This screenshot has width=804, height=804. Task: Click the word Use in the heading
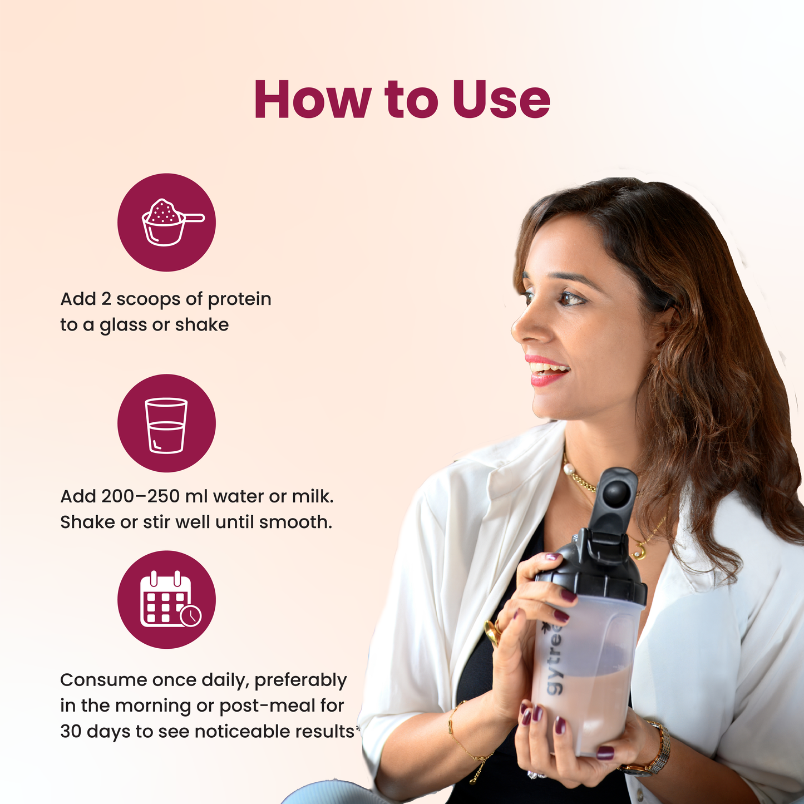tap(501, 99)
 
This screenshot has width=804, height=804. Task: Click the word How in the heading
tap(313, 99)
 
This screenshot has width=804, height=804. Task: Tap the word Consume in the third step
tap(103, 680)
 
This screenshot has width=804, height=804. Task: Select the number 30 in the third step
tap(71, 731)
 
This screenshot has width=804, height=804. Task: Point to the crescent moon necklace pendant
tap(639, 552)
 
